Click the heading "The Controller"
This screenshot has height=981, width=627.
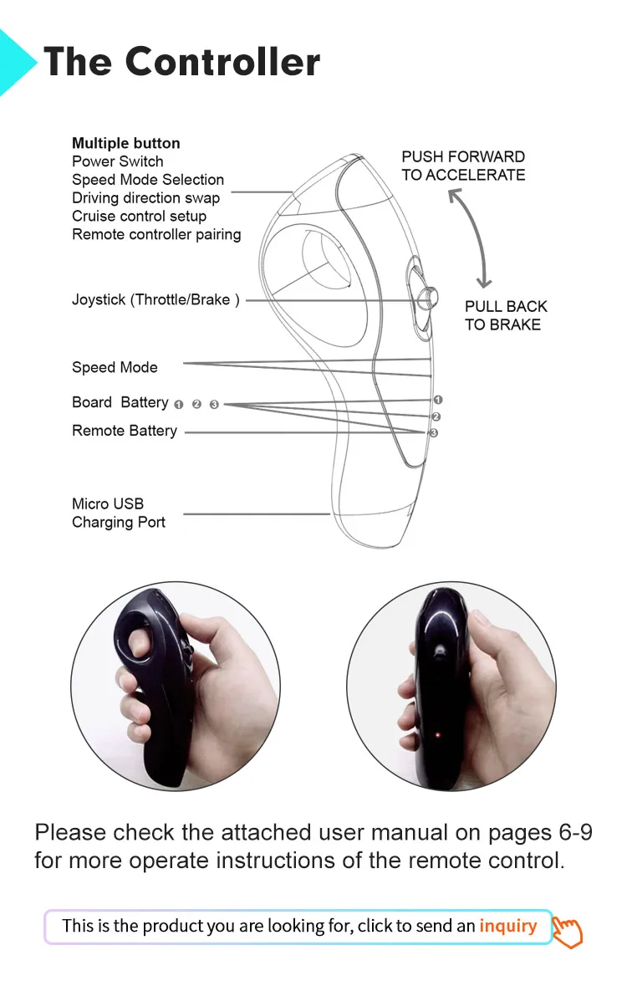click(x=181, y=62)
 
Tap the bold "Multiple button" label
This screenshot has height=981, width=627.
click(x=125, y=143)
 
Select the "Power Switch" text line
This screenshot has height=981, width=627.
click(x=117, y=161)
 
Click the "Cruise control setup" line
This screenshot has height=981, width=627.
click(x=139, y=216)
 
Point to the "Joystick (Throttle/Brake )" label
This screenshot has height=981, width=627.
click(x=155, y=299)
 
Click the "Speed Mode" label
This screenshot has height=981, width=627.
click(x=115, y=367)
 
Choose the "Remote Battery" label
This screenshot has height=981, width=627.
click(x=125, y=431)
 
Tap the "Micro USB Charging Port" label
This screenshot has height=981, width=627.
click(x=119, y=513)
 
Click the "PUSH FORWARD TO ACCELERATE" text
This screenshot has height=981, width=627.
click(x=463, y=166)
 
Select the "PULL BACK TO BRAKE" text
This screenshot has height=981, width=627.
click(x=506, y=315)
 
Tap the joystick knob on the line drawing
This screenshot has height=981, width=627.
click(x=427, y=298)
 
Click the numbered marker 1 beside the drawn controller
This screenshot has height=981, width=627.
click(x=438, y=401)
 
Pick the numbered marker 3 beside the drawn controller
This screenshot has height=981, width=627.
click(x=433, y=433)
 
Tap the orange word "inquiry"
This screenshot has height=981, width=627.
click(x=507, y=926)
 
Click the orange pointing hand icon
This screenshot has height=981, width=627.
click(x=568, y=931)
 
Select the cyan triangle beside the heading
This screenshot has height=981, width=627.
click(x=17, y=63)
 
